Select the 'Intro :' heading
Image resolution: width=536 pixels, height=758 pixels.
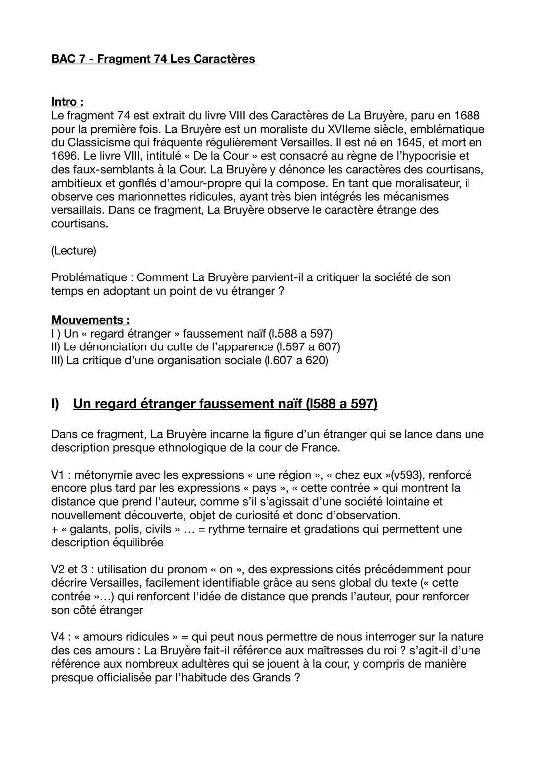coord(67,102)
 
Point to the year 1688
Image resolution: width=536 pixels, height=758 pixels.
coord(466,116)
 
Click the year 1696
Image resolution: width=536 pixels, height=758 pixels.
coord(65,156)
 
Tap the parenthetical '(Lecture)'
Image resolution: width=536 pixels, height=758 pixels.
coord(73,251)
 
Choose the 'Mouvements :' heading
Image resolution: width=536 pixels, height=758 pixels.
coord(90,320)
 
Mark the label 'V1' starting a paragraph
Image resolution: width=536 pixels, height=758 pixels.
coord(58,475)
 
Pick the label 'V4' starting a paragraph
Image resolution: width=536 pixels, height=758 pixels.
coord(59,637)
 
